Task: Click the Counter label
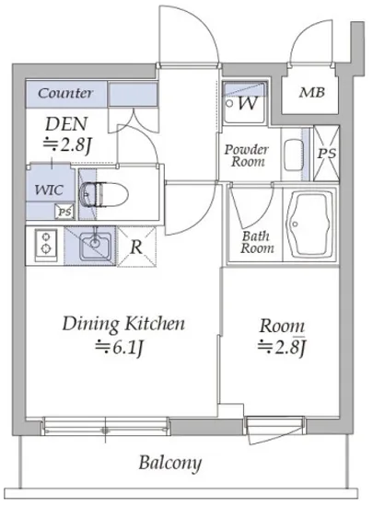[x=65, y=93]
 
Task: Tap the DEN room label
[x=66, y=124]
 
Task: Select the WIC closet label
[x=49, y=190]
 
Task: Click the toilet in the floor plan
[x=104, y=194]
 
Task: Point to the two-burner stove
[x=46, y=244]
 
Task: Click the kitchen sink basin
[x=95, y=247]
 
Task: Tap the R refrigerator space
[x=136, y=247]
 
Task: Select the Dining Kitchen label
[x=123, y=324]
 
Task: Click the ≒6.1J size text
[x=119, y=348]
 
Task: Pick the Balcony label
[x=170, y=464]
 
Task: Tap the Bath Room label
[x=257, y=242]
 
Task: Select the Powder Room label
[x=247, y=155]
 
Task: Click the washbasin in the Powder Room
[x=293, y=153]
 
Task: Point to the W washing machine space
[x=245, y=103]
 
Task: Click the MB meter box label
[x=312, y=93]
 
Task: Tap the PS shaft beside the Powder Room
[x=327, y=153]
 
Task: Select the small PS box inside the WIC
[x=64, y=212]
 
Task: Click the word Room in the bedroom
[x=282, y=326]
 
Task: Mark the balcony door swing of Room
[x=276, y=431]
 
